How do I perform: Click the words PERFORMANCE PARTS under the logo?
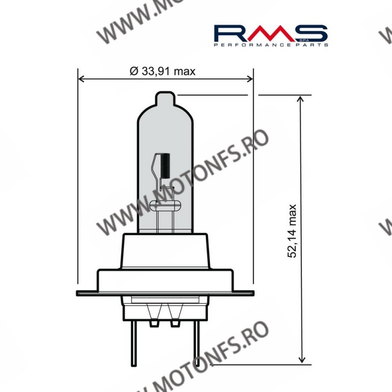coord(271,45)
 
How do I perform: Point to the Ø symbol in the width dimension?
coord(133,72)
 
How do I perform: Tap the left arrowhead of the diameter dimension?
coord(81,78)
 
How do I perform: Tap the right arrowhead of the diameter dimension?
coord(249,78)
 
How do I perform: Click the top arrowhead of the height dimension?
coord(300,98)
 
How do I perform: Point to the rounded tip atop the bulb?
coord(164,98)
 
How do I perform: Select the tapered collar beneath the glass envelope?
coord(164,250)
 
